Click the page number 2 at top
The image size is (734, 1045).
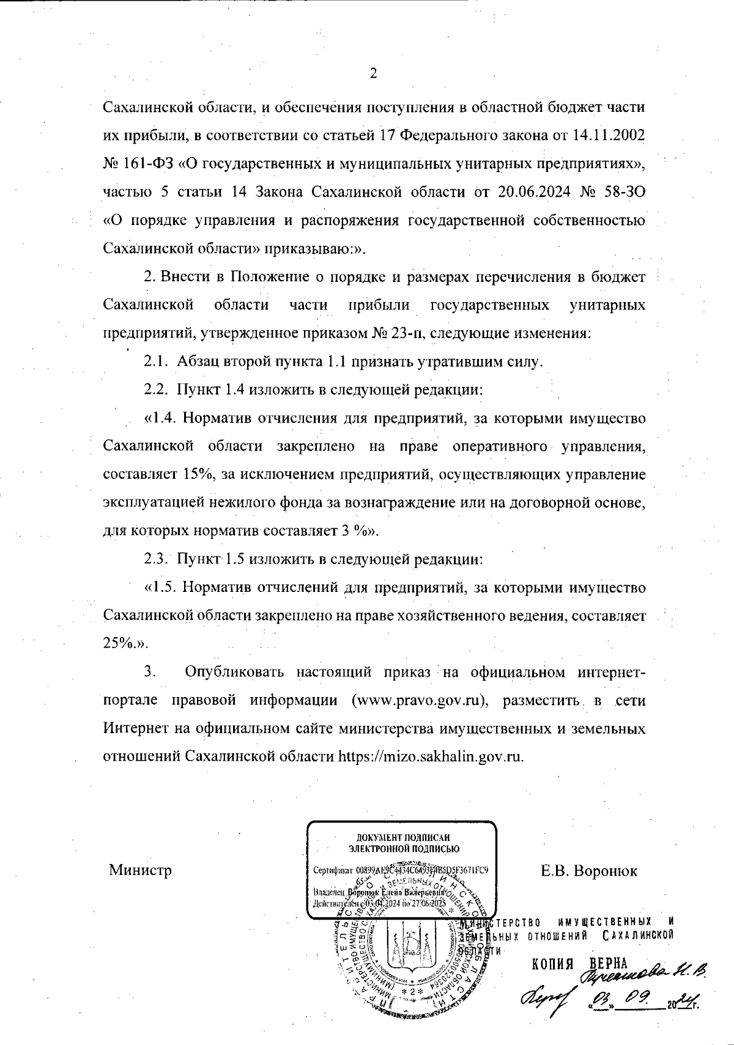[x=373, y=74]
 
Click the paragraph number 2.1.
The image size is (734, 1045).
[x=156, y=362]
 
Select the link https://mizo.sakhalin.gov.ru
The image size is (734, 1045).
[x=431, y=756]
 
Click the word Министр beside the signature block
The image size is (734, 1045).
[x=140, y=870]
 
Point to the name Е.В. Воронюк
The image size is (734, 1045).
[x=589, y=870]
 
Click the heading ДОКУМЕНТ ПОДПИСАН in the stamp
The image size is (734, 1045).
[x=401, y=838]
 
